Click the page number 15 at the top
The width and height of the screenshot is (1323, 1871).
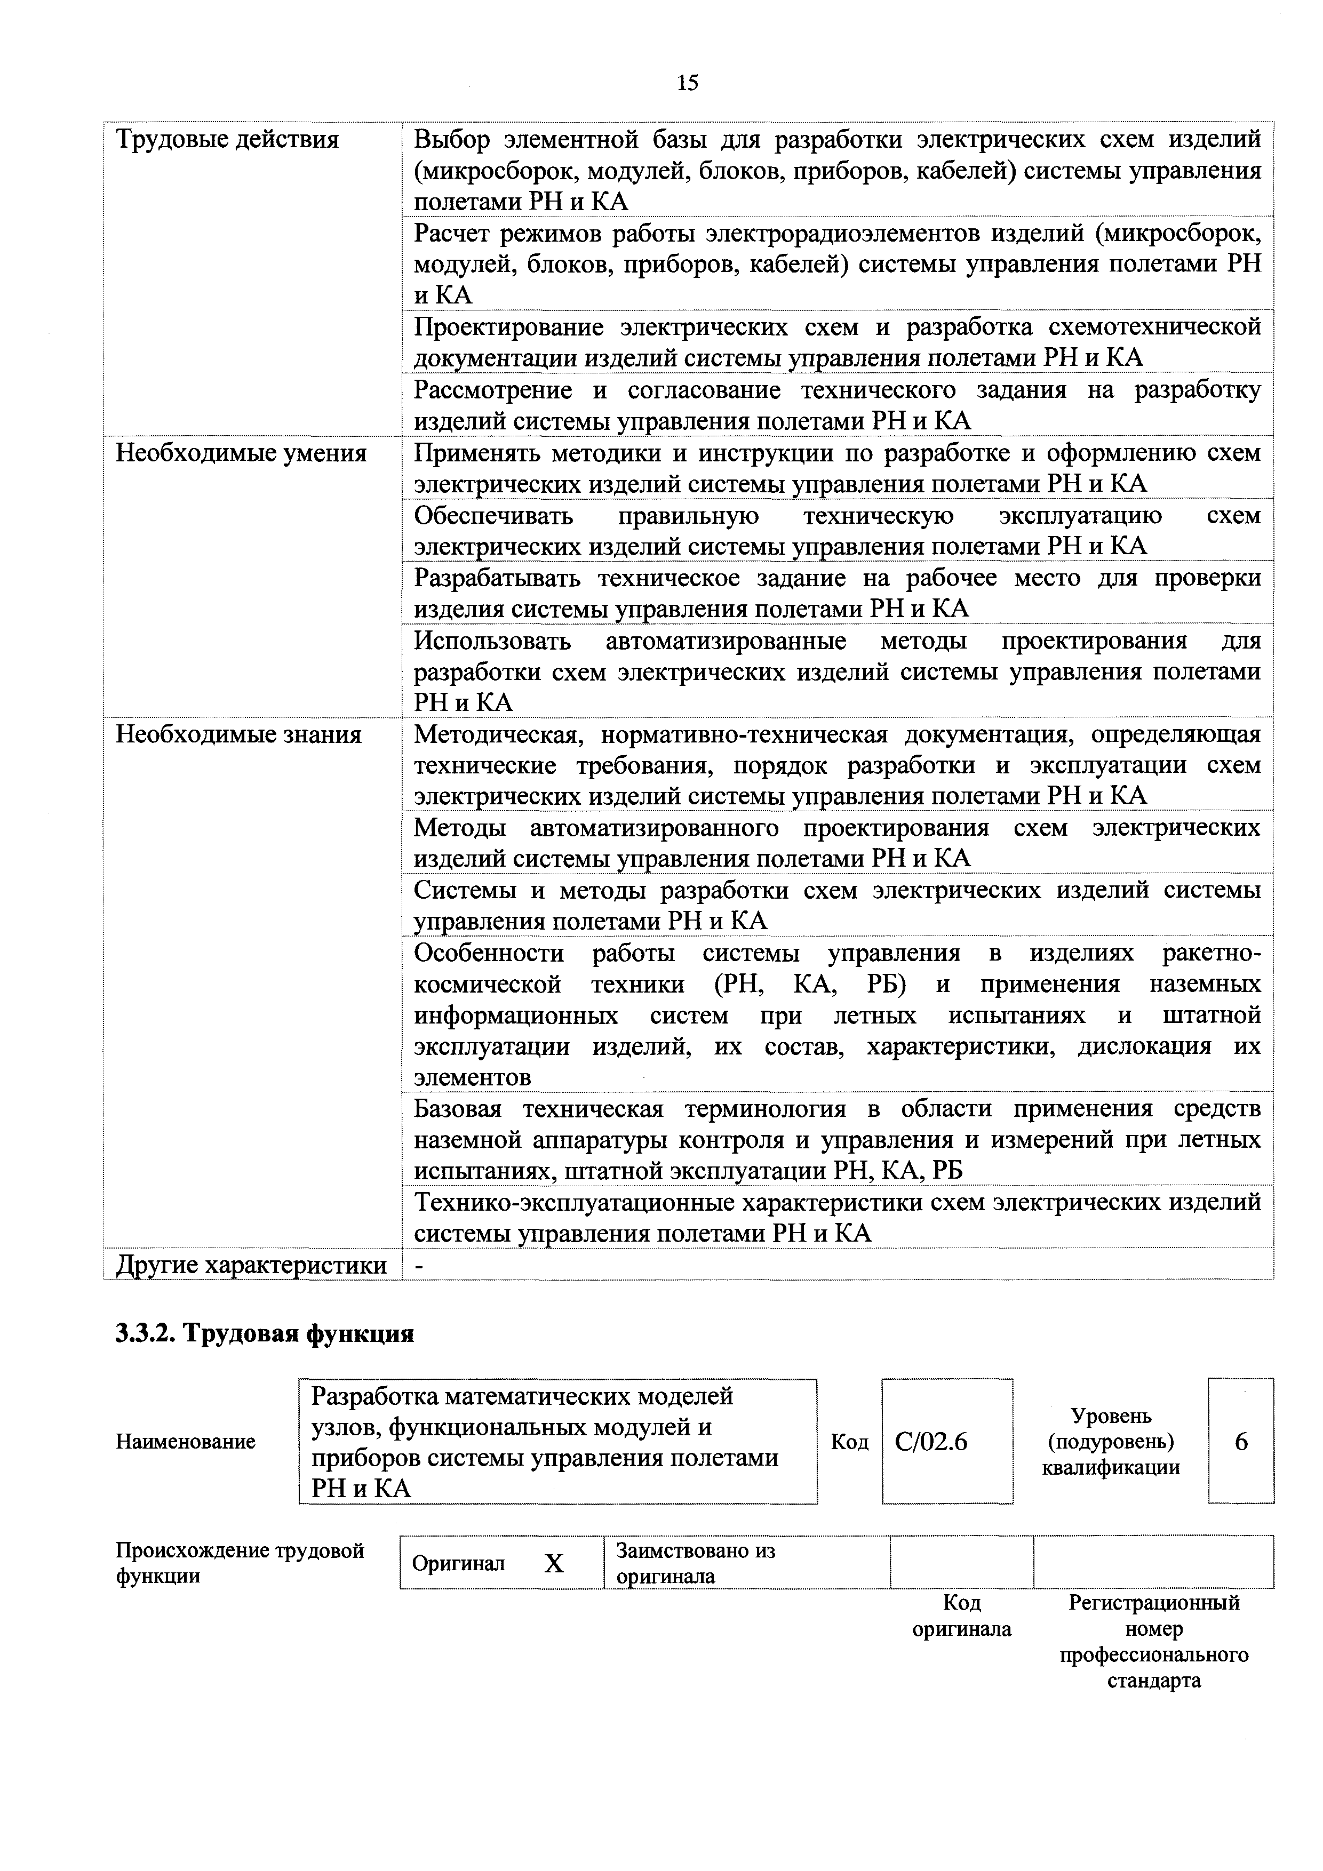point(687,82)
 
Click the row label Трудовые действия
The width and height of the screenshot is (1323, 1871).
point(227,140)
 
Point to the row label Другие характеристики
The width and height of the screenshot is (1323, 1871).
point(251,1266)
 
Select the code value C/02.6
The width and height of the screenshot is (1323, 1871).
point(931,1442)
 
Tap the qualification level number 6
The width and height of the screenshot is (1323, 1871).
point(1241,1442)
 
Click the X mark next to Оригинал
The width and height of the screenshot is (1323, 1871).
point(554,1563)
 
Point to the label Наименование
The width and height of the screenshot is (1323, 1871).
point(185,1442)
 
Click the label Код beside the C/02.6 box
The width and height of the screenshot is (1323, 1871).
point(849,1442)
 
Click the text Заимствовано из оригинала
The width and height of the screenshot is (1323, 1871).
point(695,1562)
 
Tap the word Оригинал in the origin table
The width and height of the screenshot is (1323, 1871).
point(458,1563)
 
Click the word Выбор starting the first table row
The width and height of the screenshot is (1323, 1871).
point(452,140)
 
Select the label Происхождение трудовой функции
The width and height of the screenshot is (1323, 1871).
point(239,1562)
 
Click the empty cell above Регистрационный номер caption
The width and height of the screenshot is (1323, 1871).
point(1153,1561)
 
